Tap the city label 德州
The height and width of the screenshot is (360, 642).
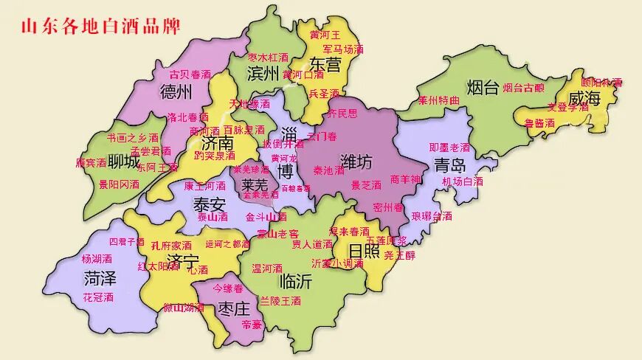176,92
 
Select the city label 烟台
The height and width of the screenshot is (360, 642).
483,89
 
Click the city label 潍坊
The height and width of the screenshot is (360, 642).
356,160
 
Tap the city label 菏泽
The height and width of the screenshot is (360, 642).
100,278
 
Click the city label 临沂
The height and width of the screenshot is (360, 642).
296,281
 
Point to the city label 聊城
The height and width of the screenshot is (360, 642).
123,162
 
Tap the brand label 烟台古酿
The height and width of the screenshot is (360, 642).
523,88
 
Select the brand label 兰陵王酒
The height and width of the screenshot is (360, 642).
280,301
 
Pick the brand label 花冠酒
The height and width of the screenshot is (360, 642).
98,297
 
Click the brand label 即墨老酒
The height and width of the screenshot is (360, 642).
449,147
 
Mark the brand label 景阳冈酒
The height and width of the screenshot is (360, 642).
119,184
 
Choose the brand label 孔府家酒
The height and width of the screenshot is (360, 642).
171,245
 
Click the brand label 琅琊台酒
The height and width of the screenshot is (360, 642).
432,216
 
